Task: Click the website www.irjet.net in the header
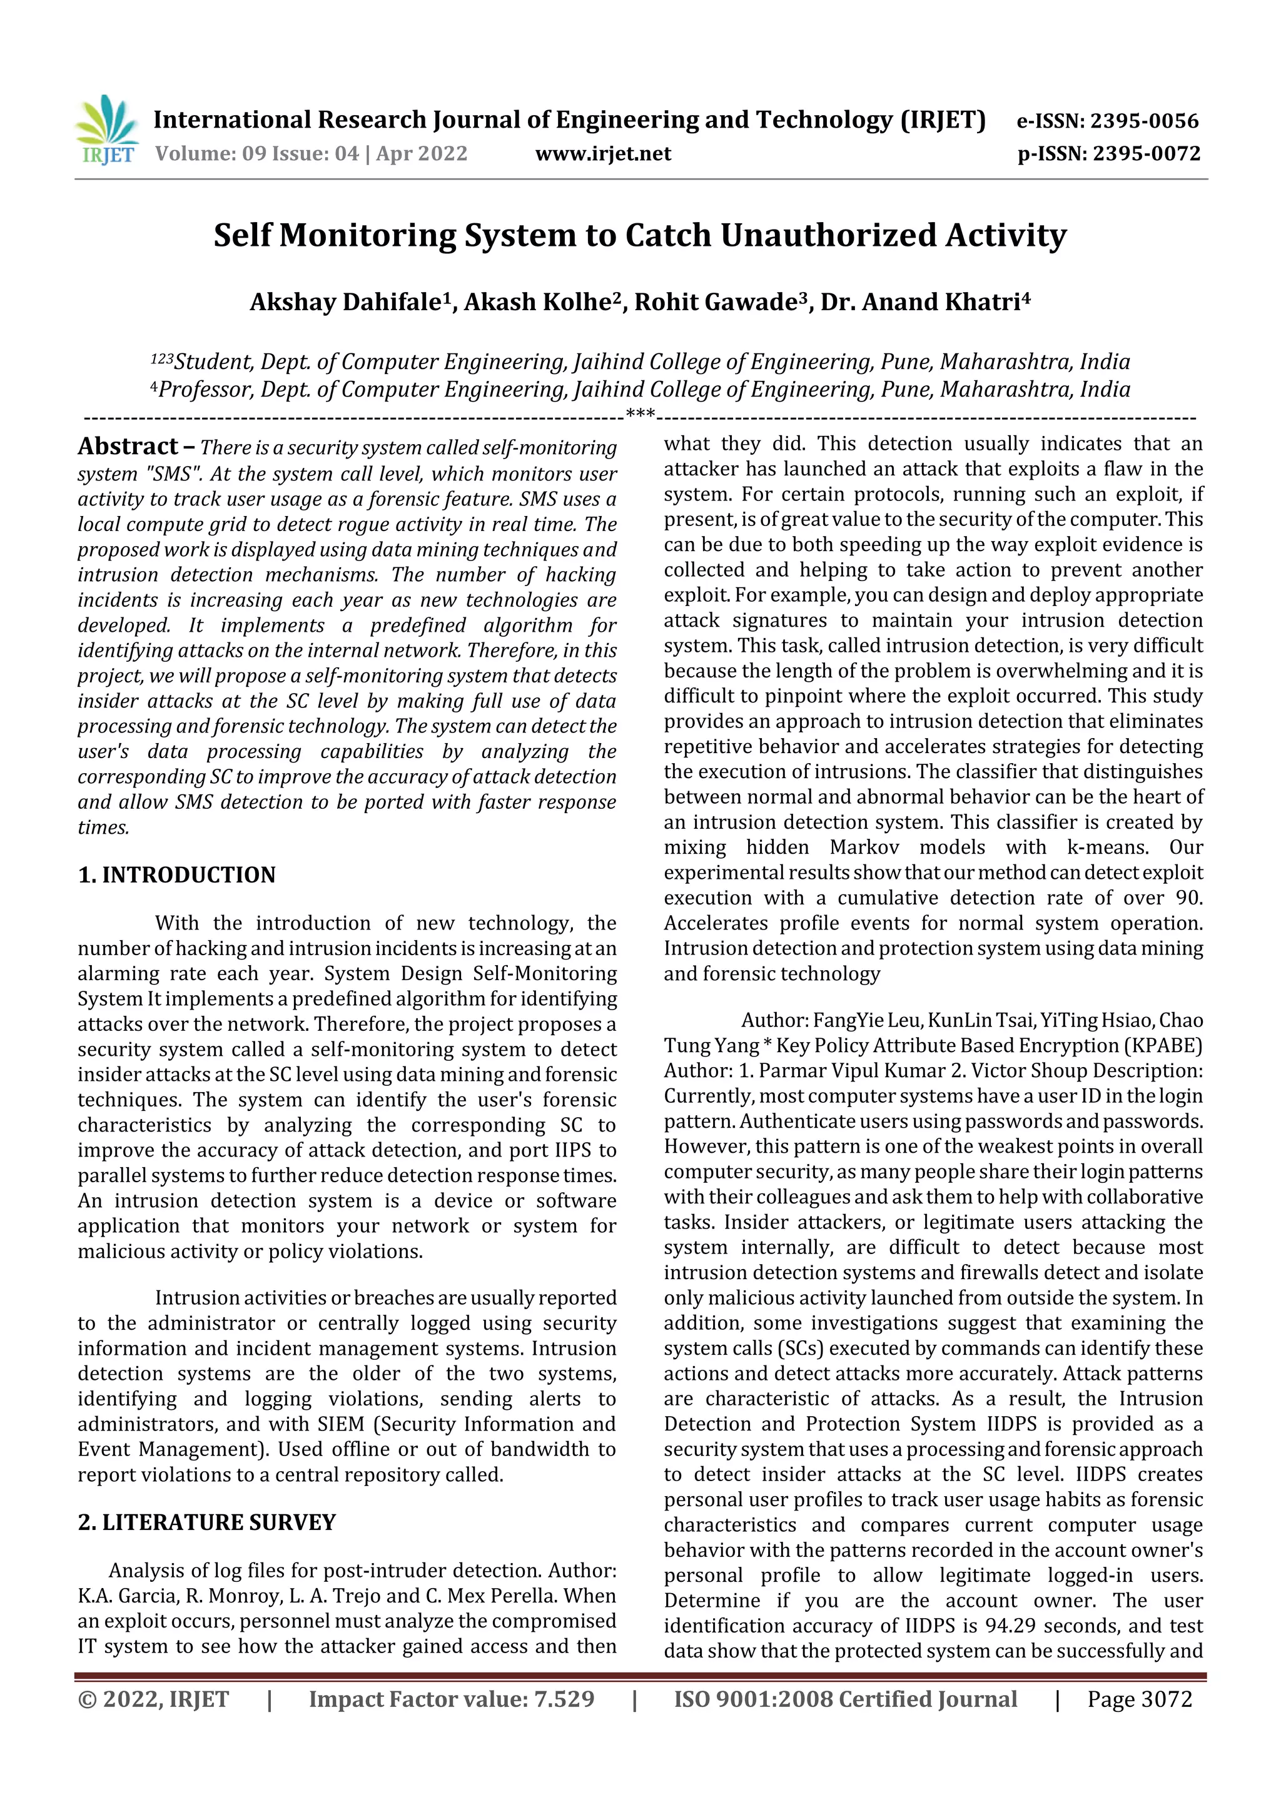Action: [x=603, y=154]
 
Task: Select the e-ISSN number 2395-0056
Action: [x=1145, y=121]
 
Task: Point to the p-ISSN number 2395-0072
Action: [x=1146, y=154]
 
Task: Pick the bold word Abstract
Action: [x=128, y=447]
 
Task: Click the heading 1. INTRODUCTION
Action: [x=177, y=875]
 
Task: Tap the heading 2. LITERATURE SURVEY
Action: [x=207, y=1522]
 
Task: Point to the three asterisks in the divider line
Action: [x=640, y=413]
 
